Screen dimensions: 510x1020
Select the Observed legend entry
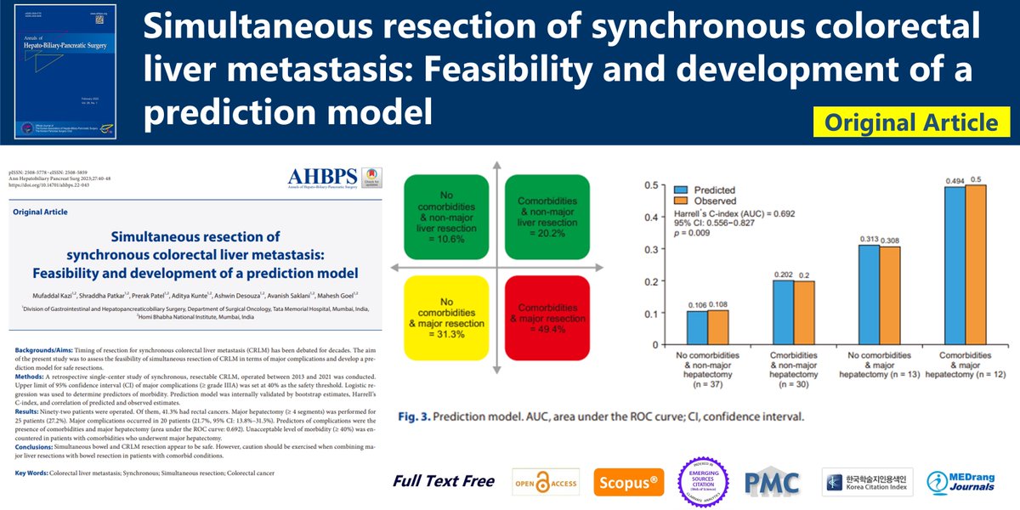(x=705, y=203)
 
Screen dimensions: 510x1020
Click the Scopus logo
(x=629, y=482)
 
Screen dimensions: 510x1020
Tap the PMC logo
(x=771, y=482)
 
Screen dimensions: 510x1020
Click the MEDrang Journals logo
(x=970, y=482)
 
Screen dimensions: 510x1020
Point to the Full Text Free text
(x=443, y=481)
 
